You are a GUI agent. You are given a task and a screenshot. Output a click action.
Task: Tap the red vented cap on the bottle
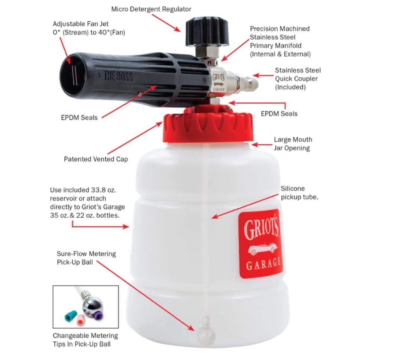click(208, 127)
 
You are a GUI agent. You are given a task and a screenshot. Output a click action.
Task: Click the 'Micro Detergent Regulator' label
click(151, 9)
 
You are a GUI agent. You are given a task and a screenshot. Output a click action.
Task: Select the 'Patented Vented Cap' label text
click(96, 159)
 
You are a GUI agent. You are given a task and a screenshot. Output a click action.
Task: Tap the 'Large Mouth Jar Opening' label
click(293, 144)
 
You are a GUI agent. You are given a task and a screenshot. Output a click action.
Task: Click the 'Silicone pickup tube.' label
click(299, 193)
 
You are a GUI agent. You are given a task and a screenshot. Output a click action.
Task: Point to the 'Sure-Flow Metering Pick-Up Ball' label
click(86, 258)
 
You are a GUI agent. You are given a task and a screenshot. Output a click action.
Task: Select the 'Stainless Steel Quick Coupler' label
click(297, 79)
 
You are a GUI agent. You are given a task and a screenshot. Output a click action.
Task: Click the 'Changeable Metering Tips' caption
click(85, 340)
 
